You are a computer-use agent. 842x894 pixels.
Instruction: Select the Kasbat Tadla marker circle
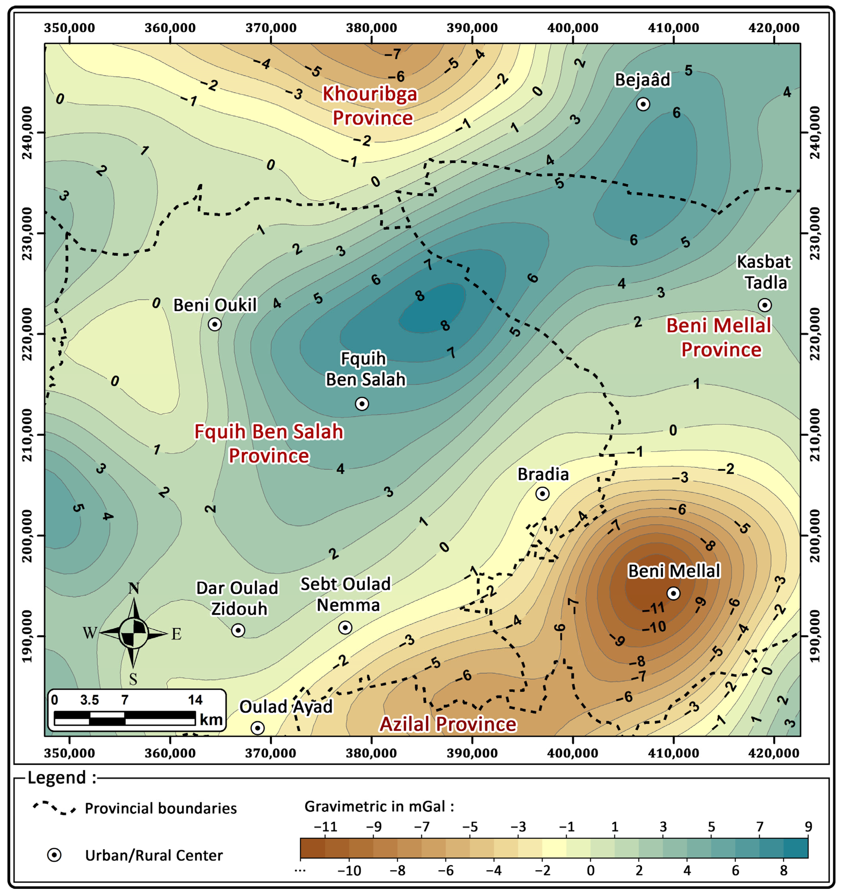tap(765, 305)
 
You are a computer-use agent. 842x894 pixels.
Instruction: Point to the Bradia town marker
tap(543, 494)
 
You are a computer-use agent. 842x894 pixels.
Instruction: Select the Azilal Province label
tap(448, 724)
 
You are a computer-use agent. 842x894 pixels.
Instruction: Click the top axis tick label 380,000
tap(371, 28)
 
